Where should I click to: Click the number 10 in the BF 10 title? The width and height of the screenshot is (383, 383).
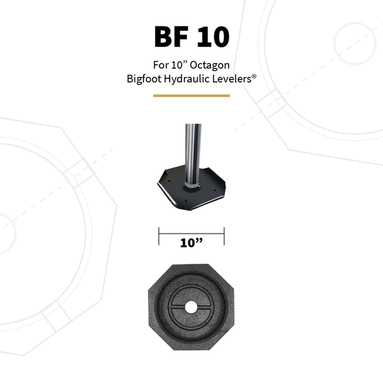213,37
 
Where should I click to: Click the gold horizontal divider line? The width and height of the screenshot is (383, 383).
191,95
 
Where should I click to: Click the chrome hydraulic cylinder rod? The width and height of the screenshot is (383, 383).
191,151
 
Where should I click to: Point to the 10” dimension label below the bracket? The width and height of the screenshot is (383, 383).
191,243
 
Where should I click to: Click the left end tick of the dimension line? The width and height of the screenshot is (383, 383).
159,235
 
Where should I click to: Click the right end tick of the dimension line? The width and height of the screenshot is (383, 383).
224,235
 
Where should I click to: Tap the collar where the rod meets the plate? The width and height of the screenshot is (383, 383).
191,189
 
